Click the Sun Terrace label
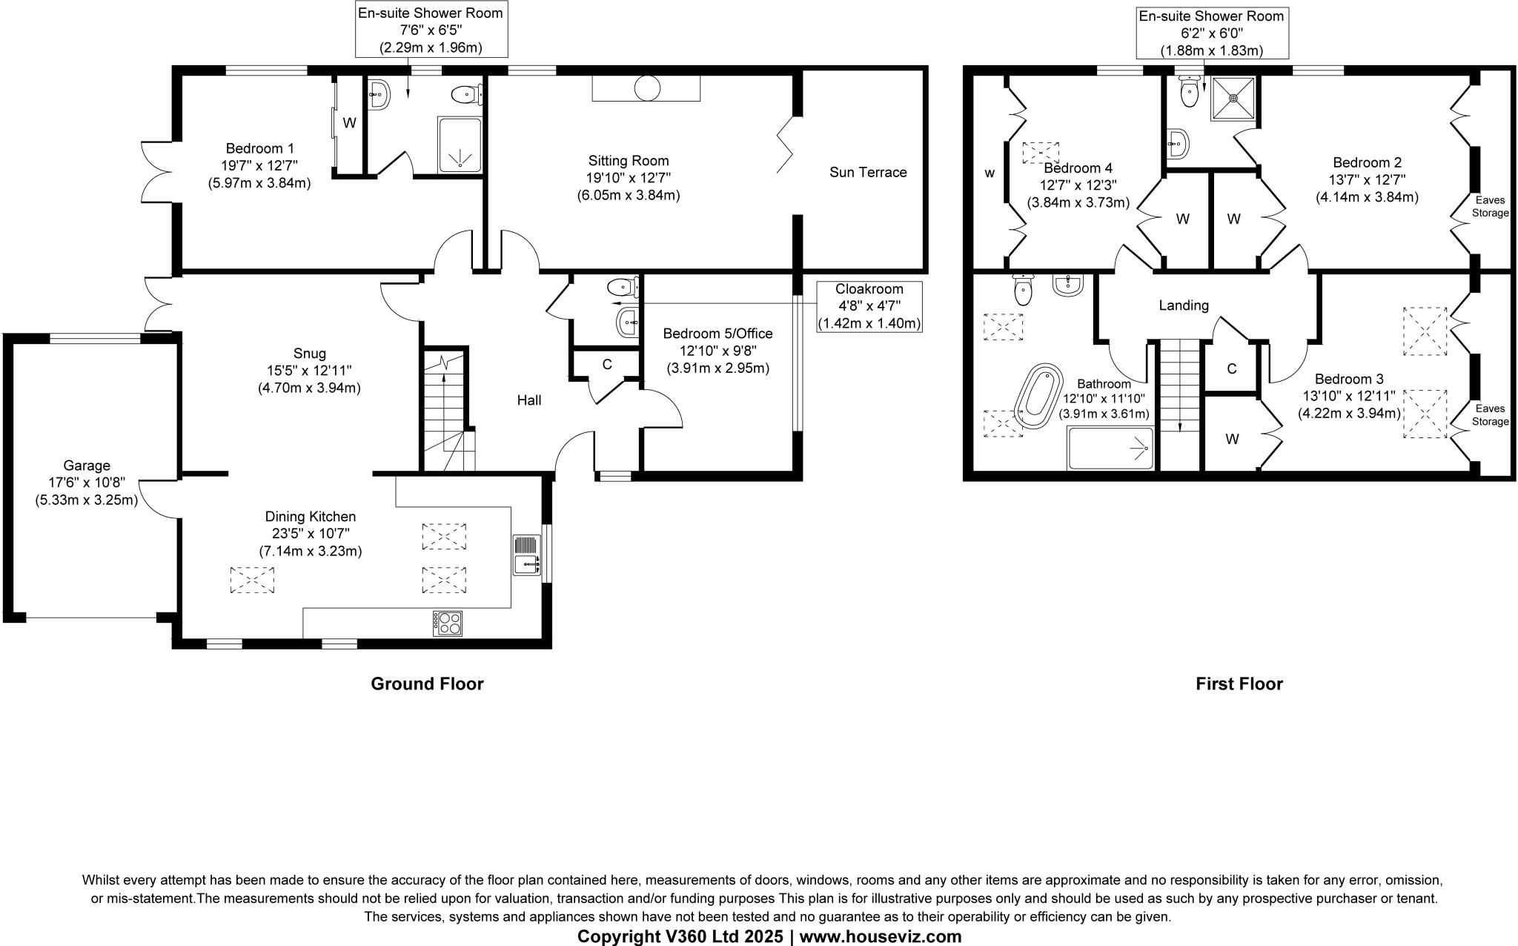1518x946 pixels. tap(868, 172)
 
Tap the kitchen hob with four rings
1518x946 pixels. tap(447, 622)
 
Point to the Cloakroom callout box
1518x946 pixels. tap(869, 306)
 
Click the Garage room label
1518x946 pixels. tap(87, 466)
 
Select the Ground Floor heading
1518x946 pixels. tap(427, 684)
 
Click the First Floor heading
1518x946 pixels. tap(1239, 684)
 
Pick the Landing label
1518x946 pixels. tap(1184, 305)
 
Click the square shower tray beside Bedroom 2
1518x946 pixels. tap(1233, 98)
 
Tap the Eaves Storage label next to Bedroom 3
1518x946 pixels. tap(1490, 415)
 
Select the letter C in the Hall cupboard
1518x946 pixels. tap(606, 364)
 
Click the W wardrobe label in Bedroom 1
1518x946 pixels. tap(349, 123)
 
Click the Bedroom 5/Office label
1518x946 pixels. tap(717, 334)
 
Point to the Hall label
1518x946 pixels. tap(528, 400)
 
